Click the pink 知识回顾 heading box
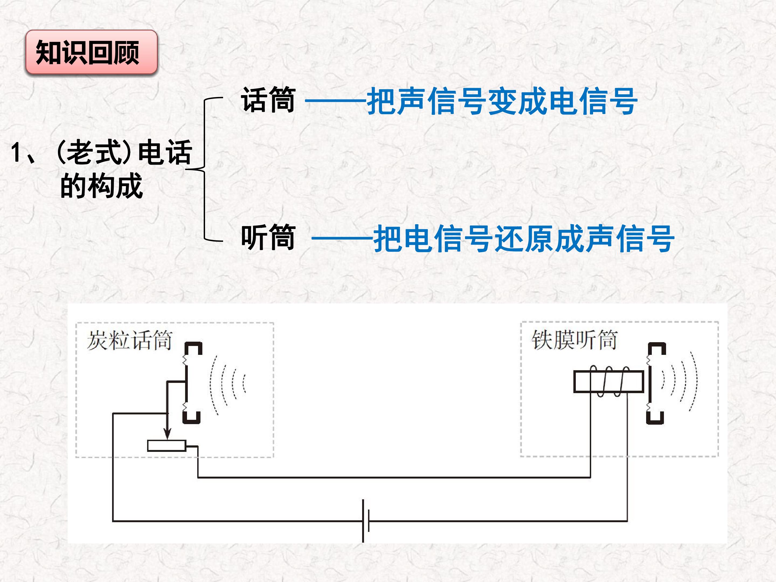click(x=91, y=52)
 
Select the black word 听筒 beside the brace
click(x=268, y=237)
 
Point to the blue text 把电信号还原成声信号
click(x=524, y=238)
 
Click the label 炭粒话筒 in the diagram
click(x=129, y=340)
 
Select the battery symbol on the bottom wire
click(x=366, y=521)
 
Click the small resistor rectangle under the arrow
click(x=167, y=446)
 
